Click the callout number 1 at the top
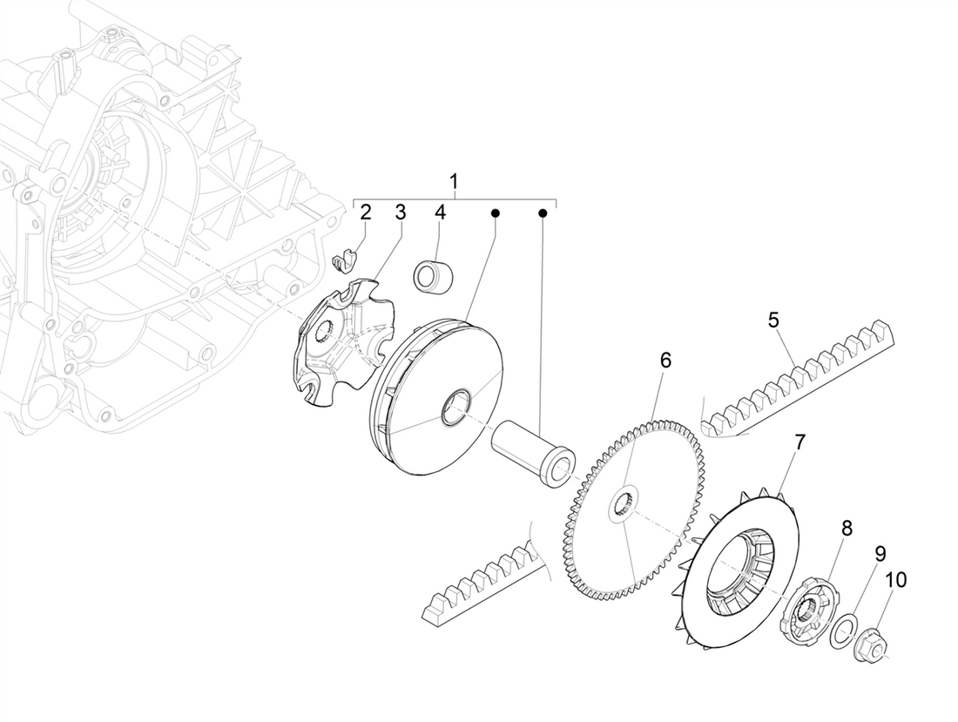point(454,182)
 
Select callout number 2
point(366,212)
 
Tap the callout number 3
point(400,212)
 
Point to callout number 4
point(440,212)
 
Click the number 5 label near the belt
point(773,320)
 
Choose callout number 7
point(799,443)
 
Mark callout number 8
point(847,528)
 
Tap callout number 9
point(880,553)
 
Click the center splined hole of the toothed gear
point(624,503)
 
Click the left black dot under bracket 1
point(495,212)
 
